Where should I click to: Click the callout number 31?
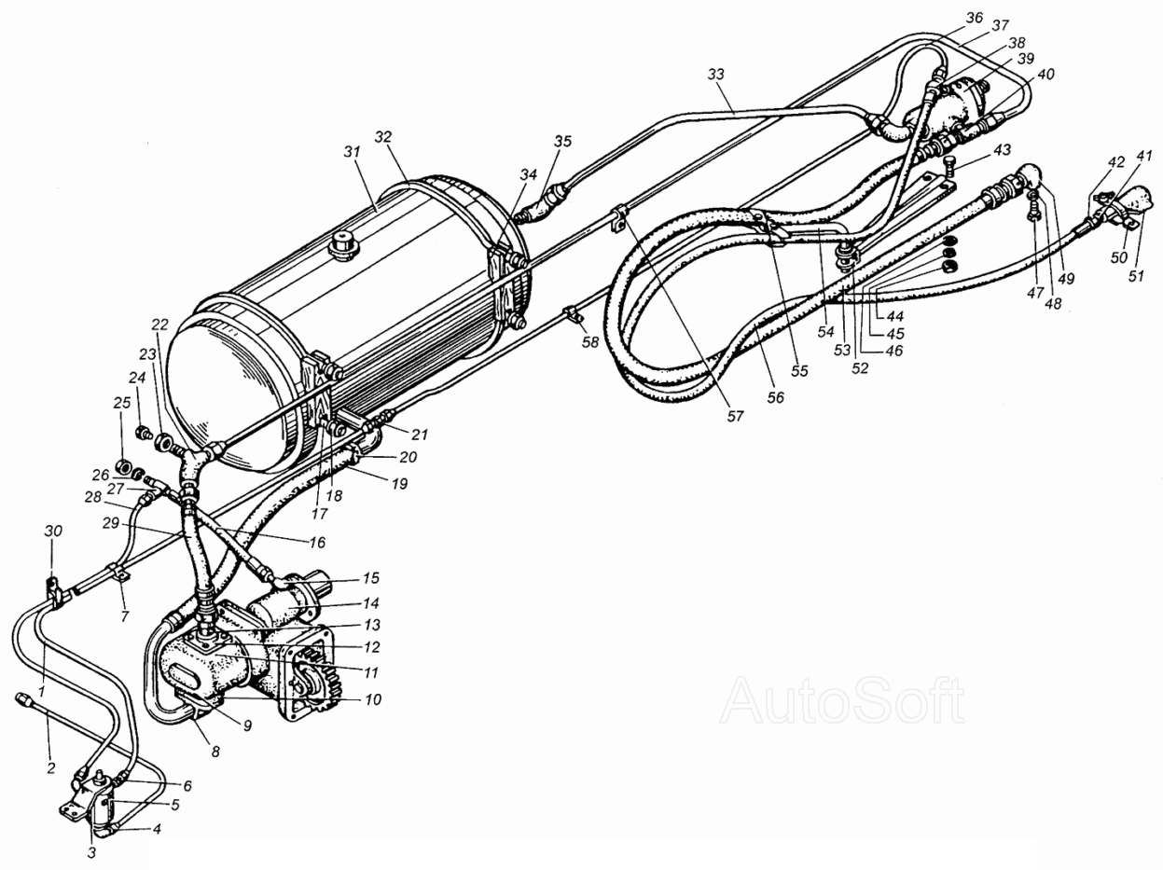(x=352, y=152)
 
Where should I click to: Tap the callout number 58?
(x=590, y=342)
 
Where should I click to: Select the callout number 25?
(x=122, y=403)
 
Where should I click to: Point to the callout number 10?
(x=373, y=699)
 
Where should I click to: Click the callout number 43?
(x=1001, y=150)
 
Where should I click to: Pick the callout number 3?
(x=91, y=852)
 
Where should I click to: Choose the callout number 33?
(x=715, y=75)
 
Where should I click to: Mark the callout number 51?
(x=1135, y=276)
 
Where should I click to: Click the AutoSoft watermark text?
(x=842, y=700)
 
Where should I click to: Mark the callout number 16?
(x=317, y=542)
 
